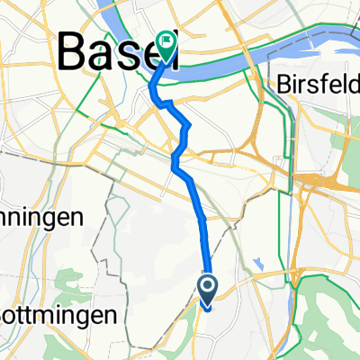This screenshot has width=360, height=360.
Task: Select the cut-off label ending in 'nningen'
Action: coord(40,217)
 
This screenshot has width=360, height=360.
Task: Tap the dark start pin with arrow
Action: coord(207,290)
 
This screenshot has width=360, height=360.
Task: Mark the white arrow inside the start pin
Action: coord(207,288)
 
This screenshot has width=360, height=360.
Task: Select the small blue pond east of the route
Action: coord(259,264)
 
